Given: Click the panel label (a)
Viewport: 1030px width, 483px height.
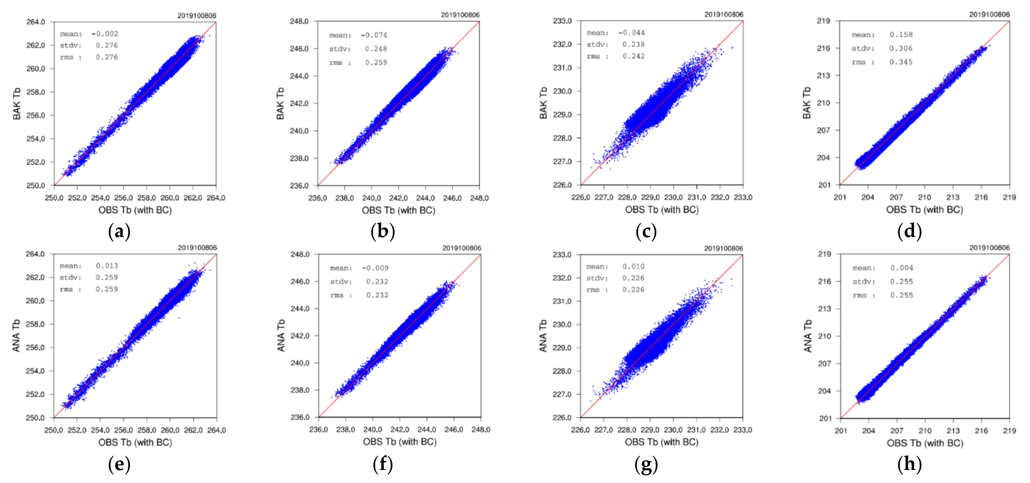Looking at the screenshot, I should click(x=119, y=232).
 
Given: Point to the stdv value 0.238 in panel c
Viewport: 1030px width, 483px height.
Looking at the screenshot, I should click(x=633, y=45).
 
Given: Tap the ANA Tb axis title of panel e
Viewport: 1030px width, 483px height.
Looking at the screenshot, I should click(x=16, y=335).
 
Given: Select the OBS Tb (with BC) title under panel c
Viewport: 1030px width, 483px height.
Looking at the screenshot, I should click(x=662, y=210).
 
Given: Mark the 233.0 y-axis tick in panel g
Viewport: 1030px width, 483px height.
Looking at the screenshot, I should click(x=562, y=254).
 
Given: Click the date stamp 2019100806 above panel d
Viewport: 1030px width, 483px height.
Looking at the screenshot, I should click(x=989, y=15).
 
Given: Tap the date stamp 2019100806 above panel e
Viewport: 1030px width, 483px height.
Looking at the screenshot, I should click(x=197, y=248).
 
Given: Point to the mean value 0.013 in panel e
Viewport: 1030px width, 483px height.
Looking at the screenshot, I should click(x=107, y=266).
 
